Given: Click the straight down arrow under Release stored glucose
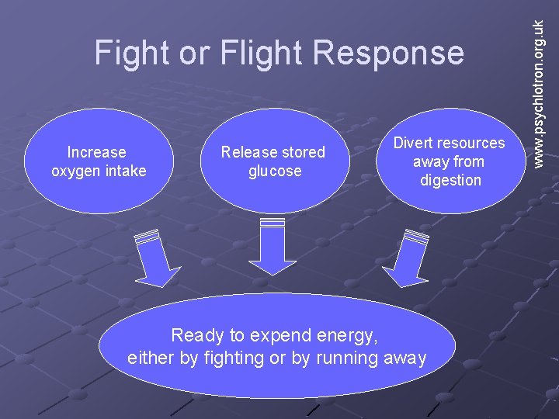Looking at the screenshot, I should coord(273,247).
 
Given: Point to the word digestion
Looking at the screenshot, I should coord(450,181).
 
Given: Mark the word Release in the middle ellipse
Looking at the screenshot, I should coord(246,152).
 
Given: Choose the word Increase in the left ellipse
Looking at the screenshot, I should coord(97,152).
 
